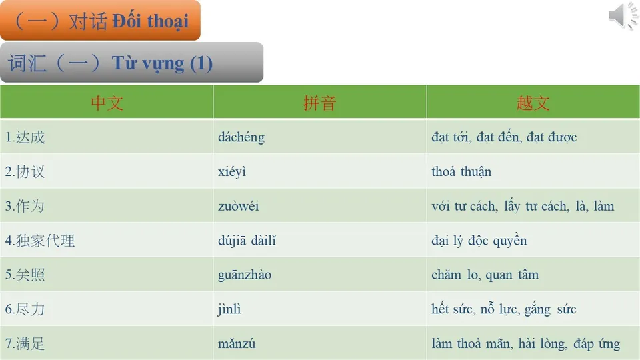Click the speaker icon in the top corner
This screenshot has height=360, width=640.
click(623, 16)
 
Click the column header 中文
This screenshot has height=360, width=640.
click(107, 103)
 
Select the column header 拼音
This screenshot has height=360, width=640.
click(320, 103)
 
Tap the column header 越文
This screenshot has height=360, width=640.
click(533, 103)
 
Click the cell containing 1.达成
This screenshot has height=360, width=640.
click(25, 137)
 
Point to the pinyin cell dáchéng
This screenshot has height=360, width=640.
click(241, 137)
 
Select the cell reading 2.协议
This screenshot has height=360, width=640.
click(25, 172)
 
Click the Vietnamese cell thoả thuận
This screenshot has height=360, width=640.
click(461, 172)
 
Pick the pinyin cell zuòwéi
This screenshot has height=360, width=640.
click(239, 206)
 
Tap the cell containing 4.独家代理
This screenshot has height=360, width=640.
click(40, 241)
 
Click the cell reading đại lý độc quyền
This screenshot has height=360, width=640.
click(479, 241)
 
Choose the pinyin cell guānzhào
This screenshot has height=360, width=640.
click(245, 275)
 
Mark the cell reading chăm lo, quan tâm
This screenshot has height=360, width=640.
click(485, 275)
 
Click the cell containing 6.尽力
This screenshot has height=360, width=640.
click(25, 309)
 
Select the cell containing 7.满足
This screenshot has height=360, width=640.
click(25, 344)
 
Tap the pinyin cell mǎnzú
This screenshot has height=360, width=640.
click(237, 344)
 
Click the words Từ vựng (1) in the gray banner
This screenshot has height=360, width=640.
click(162, 63)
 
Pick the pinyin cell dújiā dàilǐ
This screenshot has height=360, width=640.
click(247, 241)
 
